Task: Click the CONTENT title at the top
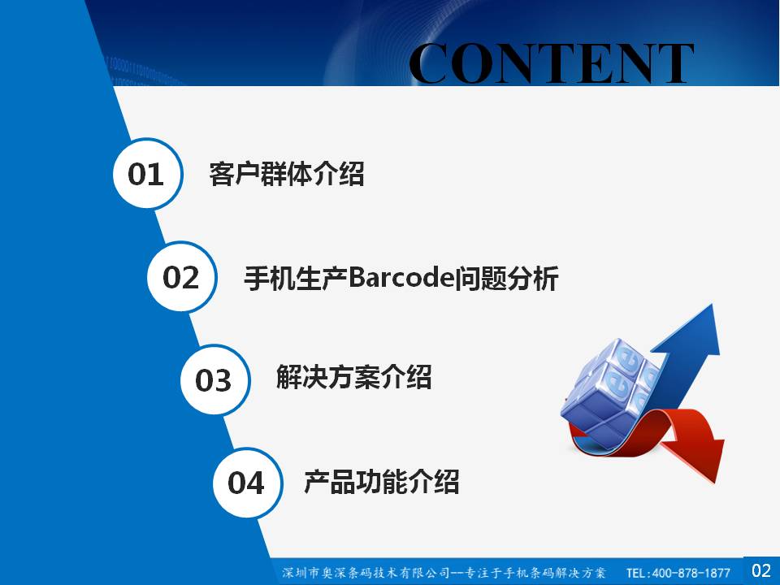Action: (x=551, y=63)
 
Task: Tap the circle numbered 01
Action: (x=147, y=174)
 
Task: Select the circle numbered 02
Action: (x=181, y=277)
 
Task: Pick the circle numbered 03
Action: (x=214, y=380)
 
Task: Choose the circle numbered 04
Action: (x=247, y=483)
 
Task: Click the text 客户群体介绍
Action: (x=287, y=174)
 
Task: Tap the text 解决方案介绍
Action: (x=353, y=376)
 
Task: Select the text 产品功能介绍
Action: (x=382, y=482)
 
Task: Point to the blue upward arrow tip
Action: (x=712, y=306)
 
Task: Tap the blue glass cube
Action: (x=610, y=391)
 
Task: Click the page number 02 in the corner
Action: (x=761, y=570)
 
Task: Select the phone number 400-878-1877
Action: (x=691, y=573)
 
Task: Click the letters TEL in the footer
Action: (x=635, y=573)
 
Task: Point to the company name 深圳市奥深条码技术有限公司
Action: (x=366, y=573)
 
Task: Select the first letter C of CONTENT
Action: (x=429, y=63)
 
